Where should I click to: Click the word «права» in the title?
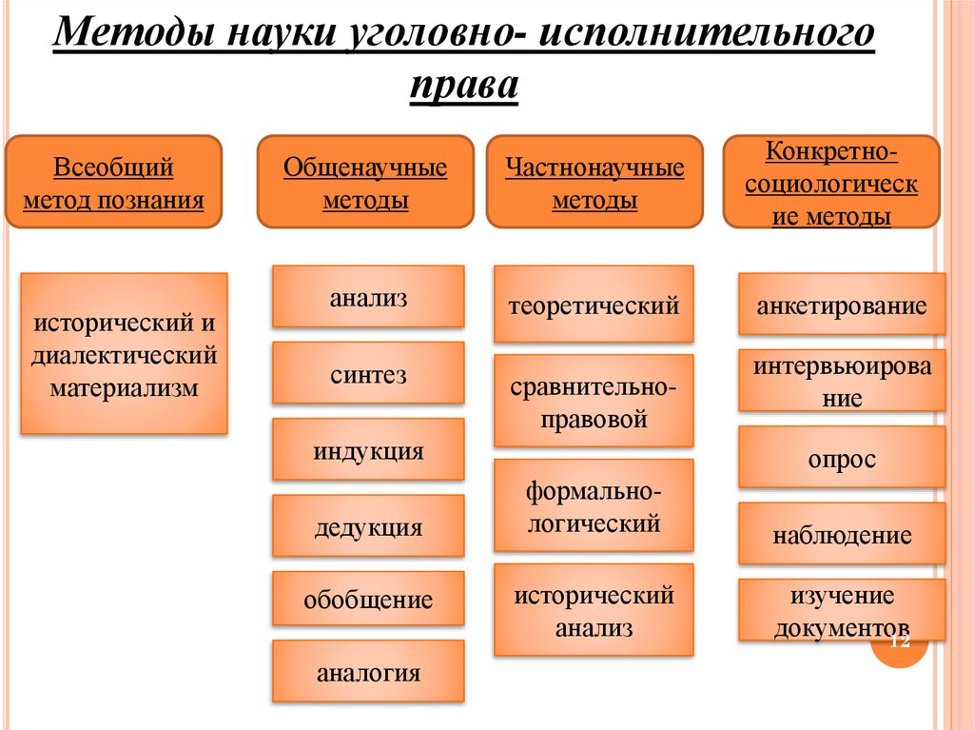pos(464,87)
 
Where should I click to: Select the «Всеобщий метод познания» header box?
pos(114,182)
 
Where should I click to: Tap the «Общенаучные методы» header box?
pos(365,182)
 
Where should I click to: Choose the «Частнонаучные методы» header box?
pos(594,182)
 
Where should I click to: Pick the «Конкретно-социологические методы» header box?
pos(831,182)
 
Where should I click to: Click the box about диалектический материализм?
pos(125,354)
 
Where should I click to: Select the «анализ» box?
pos(368,297)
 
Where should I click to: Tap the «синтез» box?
pos(368,373)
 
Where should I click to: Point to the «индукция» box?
pos(368,449)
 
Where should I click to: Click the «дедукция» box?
pos(368,525)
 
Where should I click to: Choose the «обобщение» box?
pos(368,602)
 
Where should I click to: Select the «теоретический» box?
pos(594,305)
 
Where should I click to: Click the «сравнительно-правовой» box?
pos(594,402)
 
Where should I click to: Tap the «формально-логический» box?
pos(594,505)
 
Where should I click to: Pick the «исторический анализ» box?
pos(594,610)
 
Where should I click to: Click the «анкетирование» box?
pos(842,305)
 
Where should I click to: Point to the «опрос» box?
pos(842,458)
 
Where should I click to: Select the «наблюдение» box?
pos(842,534)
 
